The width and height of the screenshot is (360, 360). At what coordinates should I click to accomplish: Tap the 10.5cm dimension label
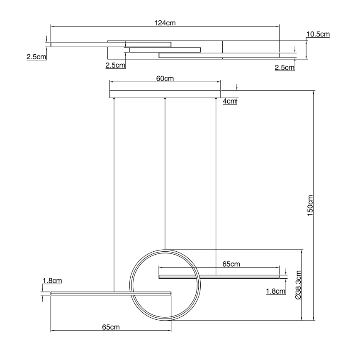[x=318, y=34]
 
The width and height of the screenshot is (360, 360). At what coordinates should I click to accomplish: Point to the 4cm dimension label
[x=229, y=101]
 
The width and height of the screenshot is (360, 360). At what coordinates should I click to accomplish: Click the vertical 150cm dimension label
[x=310, y=206]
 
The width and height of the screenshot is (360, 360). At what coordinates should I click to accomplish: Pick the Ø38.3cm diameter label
[x=298, y=285]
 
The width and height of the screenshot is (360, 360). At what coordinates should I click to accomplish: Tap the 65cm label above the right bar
[x=231, y=264]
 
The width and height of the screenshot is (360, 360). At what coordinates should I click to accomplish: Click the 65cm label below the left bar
[x=111, y=327]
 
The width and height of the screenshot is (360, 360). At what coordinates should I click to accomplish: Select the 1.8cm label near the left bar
[x=52, y=281]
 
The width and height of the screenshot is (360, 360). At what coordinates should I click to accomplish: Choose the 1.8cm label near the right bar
[x=275, y=291]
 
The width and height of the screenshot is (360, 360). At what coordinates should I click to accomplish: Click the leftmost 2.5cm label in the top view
[x=36, y=57]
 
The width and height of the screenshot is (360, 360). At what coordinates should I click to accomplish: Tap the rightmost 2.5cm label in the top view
[x=284, y=68]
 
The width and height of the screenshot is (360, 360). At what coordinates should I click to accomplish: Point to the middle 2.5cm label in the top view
[x=115, y=65]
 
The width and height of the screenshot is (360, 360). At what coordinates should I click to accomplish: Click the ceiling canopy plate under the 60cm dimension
[x=165, y=95]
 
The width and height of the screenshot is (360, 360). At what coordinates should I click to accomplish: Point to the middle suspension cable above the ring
[x=165, y=174]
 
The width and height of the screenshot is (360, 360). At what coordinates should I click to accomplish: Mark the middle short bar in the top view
[x=165, y=50]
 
